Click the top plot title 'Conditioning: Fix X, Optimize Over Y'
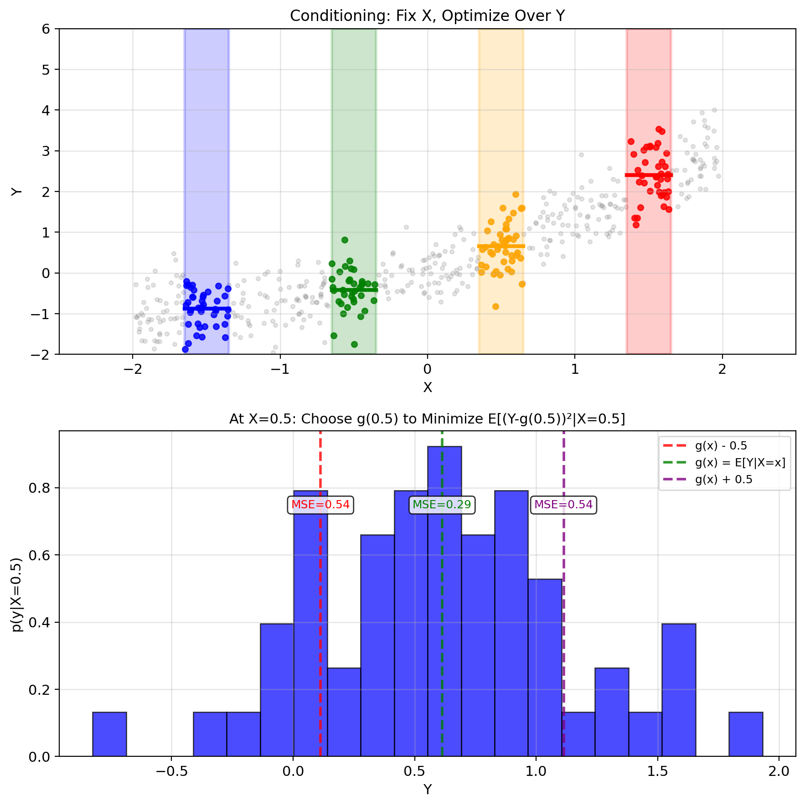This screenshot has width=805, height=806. (427, 16)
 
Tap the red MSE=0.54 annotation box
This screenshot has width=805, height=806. (320, 505)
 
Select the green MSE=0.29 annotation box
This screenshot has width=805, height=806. (442, 505)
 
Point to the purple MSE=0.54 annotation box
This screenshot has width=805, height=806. (563, 505)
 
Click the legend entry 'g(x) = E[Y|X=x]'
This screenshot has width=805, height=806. (740, 463)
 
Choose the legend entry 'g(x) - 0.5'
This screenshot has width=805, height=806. (721, 446)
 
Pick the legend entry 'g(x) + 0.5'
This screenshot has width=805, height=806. (723, 480)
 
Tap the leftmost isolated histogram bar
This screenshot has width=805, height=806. (109, 734)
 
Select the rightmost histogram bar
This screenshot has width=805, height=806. (746, 734)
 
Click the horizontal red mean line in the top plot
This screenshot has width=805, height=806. (649, 175)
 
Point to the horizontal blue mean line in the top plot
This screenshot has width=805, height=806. (207, 309)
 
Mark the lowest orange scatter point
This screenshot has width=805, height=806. (495, 306)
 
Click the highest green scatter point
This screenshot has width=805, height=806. (345, 240)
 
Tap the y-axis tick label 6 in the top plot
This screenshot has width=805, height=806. (46, 29)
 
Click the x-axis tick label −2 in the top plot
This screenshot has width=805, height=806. (132, 369)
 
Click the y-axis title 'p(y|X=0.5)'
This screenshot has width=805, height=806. (17, 594)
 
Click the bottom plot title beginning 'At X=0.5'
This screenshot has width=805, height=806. (427, 419)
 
